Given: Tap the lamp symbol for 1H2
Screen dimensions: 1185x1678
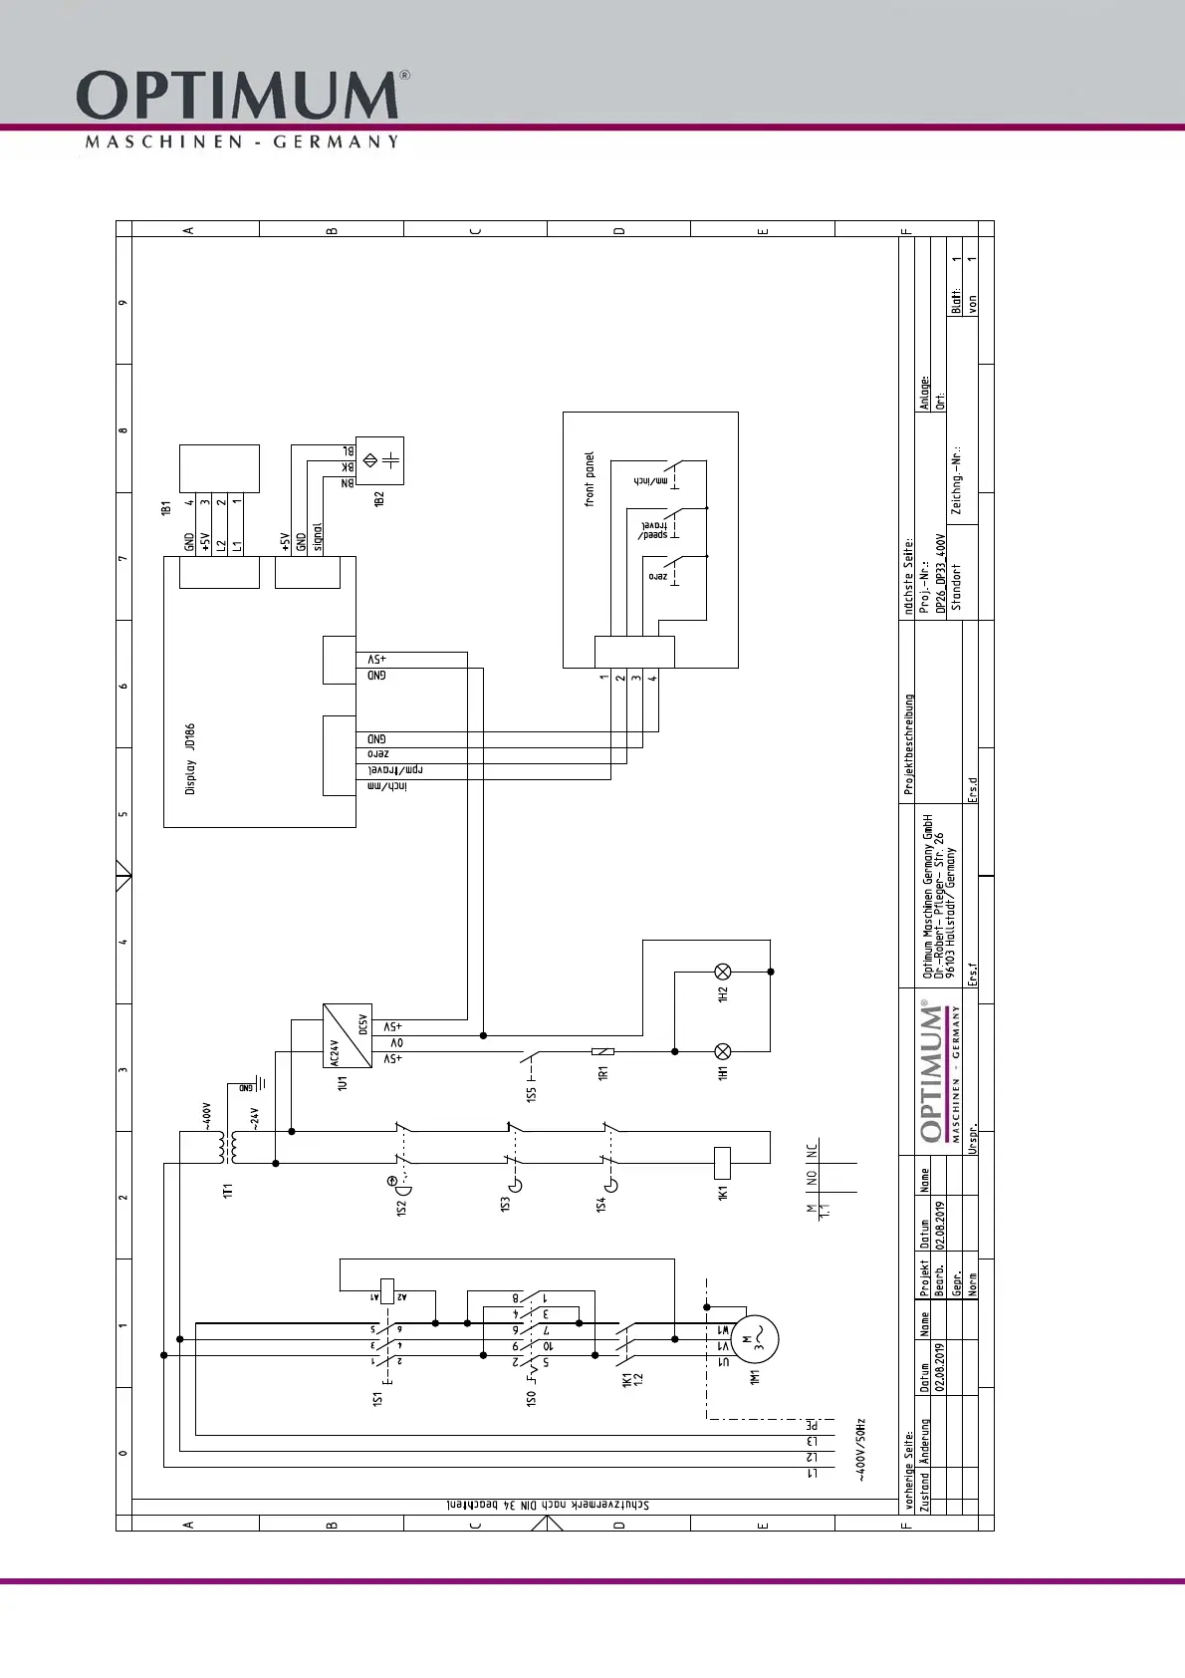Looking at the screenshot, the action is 724,972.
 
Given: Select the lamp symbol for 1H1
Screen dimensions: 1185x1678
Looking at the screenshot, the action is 724,1051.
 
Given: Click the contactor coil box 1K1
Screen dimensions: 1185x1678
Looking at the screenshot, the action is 723,1162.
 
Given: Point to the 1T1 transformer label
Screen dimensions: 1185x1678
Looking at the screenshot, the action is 228,1192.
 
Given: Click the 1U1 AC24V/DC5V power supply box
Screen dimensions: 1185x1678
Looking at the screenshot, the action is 348,1035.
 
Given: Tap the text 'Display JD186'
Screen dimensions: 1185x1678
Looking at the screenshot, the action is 190,759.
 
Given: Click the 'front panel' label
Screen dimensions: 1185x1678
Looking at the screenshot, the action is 590,479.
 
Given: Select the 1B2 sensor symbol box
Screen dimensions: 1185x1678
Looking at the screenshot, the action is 379,460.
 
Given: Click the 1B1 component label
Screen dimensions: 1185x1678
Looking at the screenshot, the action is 166,507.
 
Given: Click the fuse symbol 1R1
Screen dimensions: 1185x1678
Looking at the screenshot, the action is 602,1051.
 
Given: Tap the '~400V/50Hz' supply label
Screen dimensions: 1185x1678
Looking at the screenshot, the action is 861,1450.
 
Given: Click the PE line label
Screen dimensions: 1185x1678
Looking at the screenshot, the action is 812,1425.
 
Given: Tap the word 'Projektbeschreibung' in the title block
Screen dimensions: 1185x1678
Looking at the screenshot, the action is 908,744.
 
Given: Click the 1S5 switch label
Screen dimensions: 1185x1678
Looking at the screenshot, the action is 532,1093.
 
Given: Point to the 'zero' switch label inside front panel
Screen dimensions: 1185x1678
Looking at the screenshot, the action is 657,576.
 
